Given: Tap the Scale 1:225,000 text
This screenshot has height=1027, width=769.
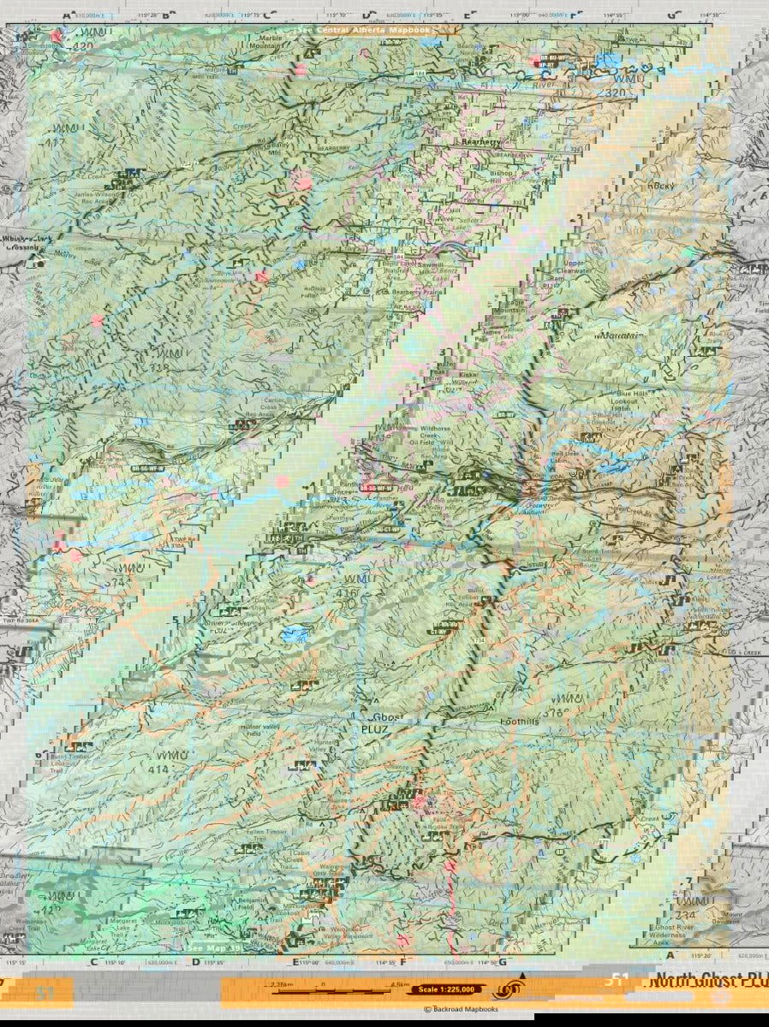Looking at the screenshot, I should point(443,989).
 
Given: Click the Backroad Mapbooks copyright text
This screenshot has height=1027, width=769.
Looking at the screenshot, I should point(463,1010).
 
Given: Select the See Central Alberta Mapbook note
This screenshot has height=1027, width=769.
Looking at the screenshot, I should point(362,30).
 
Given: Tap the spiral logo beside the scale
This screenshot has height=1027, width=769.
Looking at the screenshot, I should point(512,989).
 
